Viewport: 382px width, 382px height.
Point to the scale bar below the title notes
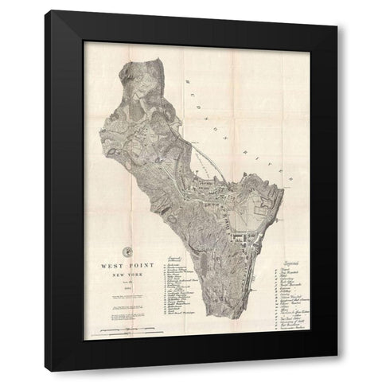(128, 329)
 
